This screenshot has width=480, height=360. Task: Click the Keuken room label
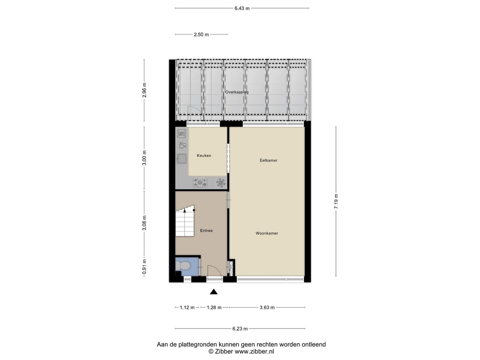tap(204, 156)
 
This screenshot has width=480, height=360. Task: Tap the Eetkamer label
tap(268, 160)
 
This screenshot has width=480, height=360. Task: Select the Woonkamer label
tap(267, 233)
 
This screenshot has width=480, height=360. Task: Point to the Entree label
tap(206, 231)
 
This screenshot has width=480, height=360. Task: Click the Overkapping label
tap(237, 92)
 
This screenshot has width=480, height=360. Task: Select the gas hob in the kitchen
tap(200, 181)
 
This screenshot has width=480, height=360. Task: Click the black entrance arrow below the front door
tap(214, 292)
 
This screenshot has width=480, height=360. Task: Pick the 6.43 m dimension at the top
tap(242, 8)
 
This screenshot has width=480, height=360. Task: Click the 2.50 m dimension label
tap(201, 35)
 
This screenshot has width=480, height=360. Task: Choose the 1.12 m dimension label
tap(187, 308)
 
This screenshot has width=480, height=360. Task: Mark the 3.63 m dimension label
tap(267, 308)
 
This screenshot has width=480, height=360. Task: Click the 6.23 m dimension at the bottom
tap(240, 329)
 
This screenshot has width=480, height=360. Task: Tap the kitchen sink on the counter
tap(181, 158)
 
